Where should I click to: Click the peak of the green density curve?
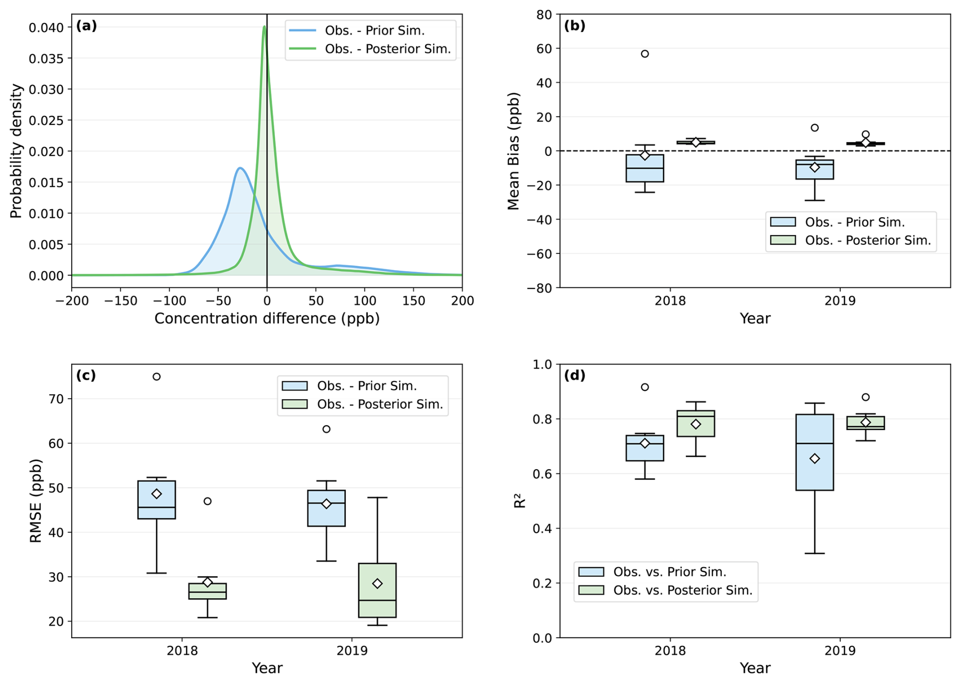(x=264, y=27)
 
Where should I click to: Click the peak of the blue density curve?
(x=240, y=168)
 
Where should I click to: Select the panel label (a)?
(x=86, y=26)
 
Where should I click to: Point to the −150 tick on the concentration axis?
(x=120, y=301)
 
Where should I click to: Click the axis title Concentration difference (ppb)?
(x=267, y=318)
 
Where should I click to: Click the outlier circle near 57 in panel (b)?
(x=645, y=54)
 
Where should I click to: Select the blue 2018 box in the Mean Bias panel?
(x=645, y=168)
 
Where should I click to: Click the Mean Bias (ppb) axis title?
(x=514, y=151)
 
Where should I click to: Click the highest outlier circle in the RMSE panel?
(x=156, y=377)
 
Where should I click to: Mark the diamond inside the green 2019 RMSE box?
(x=377, y=583)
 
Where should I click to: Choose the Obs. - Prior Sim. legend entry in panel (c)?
(x=363, y=386)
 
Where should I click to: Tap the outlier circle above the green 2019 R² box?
(x=866, y=397)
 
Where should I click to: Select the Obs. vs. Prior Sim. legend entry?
(x=665, y=572)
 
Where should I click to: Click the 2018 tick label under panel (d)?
(x=670, y=651)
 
